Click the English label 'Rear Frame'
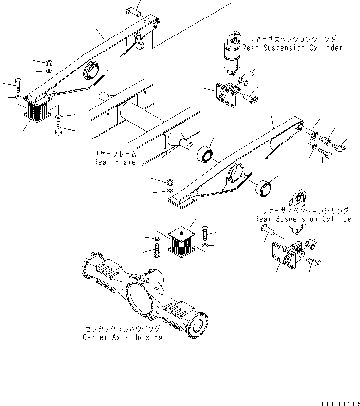[x=115, y=162]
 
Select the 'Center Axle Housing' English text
[x=122, y=337]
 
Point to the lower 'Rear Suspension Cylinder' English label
[x=305, y=219]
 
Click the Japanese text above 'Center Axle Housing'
[x=122, y=329]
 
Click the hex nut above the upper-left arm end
[x=49, y=63]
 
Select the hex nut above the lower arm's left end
[x=170, y=182]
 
